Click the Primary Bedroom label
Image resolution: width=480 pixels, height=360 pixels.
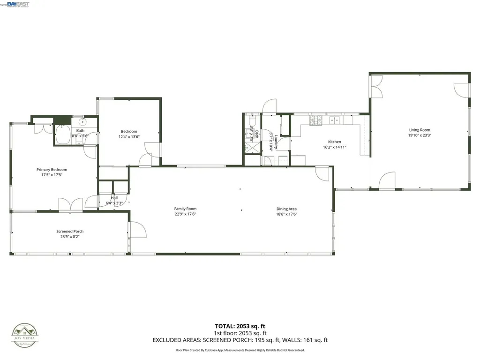pyautogui.click(x=52, y=170)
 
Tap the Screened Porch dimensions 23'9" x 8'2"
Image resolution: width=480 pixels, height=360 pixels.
pyautogui.click(x=70, y=237)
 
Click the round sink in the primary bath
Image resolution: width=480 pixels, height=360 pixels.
pyautogui.click(x=77, y=121)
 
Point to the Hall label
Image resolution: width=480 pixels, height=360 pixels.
pyautogui.click(x=114, y=198)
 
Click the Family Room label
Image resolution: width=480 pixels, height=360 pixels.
pyautogui.click(x=185, y=209)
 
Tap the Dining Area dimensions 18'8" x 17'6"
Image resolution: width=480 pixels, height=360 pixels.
pyautogui.click(x=286, y=214)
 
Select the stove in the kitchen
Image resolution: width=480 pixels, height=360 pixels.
pyautogui.click(x=316, y=120)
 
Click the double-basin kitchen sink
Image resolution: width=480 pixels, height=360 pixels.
pyautogui.click(x=334, y=120)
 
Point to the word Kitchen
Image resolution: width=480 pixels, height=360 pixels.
pyautogui.click(x=334, y=142)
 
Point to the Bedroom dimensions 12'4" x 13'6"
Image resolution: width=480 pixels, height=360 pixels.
pyautogui.click(x=129, y=137)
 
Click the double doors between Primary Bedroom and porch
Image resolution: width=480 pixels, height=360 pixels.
pyautogui.click(x=71, y=204)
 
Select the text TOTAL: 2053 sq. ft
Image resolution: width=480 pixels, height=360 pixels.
pyautogui.click(x=240, y=326)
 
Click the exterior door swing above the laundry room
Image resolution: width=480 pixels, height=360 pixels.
pyautogui.click(x=269, y=106)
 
